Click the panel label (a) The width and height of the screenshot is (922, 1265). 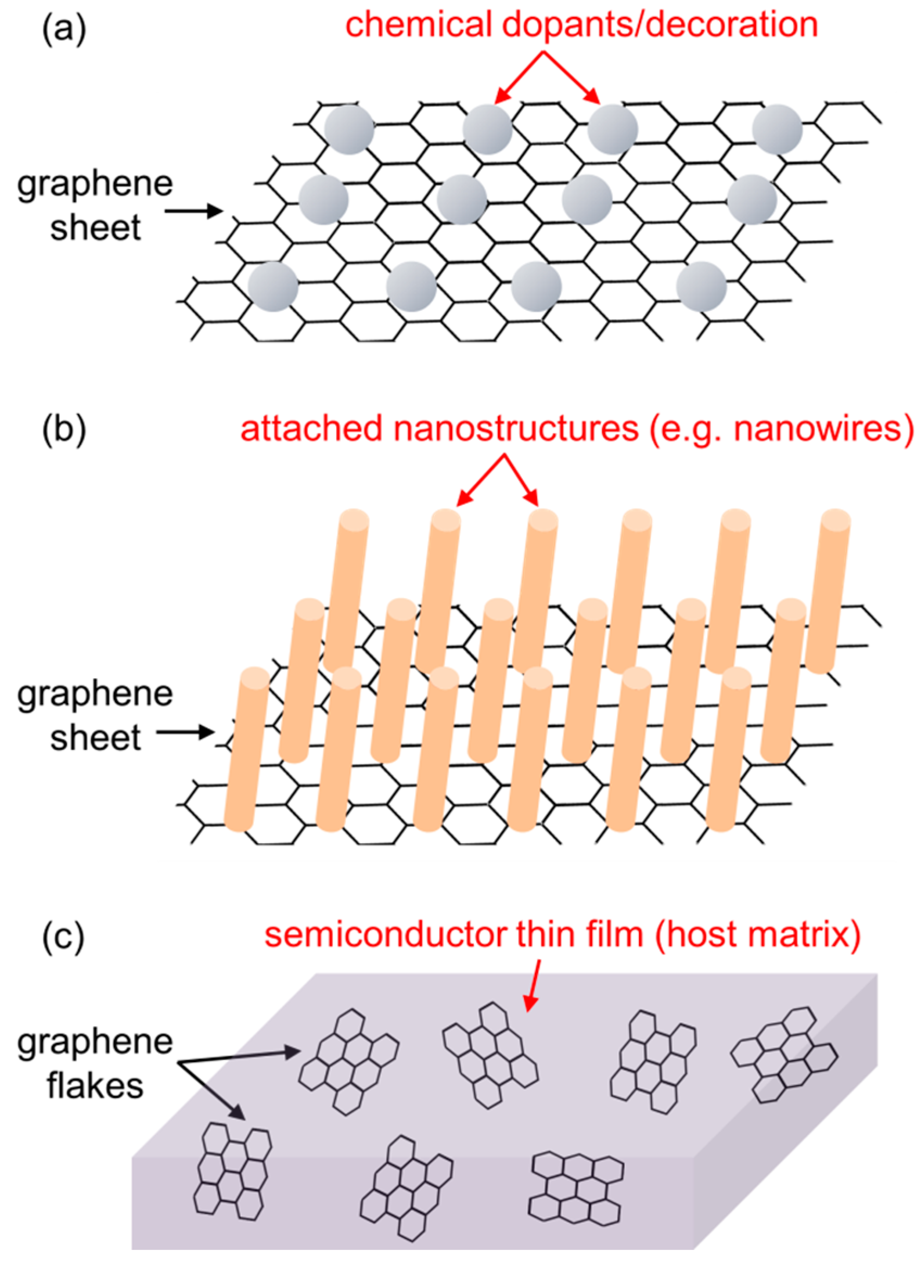click(x=63, y=29)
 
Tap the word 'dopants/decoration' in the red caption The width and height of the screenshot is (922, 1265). click(x=660, y=25)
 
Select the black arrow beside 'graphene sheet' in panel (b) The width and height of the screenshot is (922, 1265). click(x=185, y=732)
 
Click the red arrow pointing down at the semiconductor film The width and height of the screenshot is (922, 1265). click(x=533, y=985)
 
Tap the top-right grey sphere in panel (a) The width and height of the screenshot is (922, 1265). click(x=777, y=130)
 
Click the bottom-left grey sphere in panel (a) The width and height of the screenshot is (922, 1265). click(x=273, y=286)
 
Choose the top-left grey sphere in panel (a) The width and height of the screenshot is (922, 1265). click(x=349, y=130)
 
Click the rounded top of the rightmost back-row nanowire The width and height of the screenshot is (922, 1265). click(x=835, y=521)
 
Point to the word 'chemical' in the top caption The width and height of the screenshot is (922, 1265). click(x=419, y=25)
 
